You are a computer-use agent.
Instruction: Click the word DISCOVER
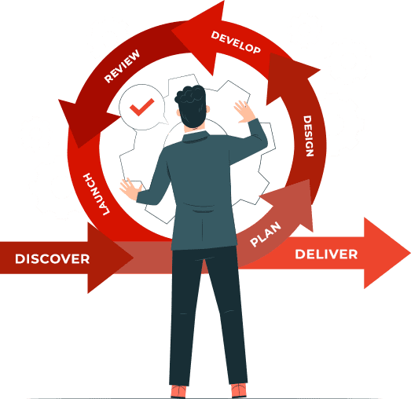(53, 258)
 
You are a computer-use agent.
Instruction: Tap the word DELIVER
(326, 254)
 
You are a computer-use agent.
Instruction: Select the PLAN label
(266, 234)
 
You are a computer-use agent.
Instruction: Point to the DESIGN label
(308, 136)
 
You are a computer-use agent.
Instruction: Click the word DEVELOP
(236, 42)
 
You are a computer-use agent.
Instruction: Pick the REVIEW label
(122, 66)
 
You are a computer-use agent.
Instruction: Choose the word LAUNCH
(96, 194)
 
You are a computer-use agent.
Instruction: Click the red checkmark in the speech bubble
(141, 107)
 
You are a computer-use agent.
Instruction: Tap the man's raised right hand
(244, 112)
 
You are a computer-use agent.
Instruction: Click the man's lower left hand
(130, 188)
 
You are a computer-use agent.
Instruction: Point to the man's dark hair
(192, 104)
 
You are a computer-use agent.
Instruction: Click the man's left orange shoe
(178, 392)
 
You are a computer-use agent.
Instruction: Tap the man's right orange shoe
(239, 390)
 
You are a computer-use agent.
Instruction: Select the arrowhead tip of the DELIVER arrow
(410, 253)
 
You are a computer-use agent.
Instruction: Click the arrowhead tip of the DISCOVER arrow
(133, 258)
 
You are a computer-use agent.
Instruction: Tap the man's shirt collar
(195, 137)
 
